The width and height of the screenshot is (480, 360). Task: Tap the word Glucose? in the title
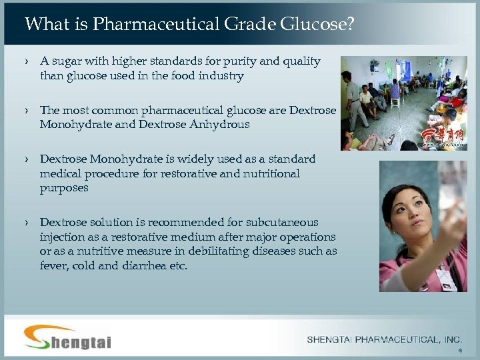pos(318,25)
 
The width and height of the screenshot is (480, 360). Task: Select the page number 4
pos(459,351)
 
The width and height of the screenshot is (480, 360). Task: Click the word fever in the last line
pos(53,266)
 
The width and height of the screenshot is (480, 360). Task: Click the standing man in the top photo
pos(352,93)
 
